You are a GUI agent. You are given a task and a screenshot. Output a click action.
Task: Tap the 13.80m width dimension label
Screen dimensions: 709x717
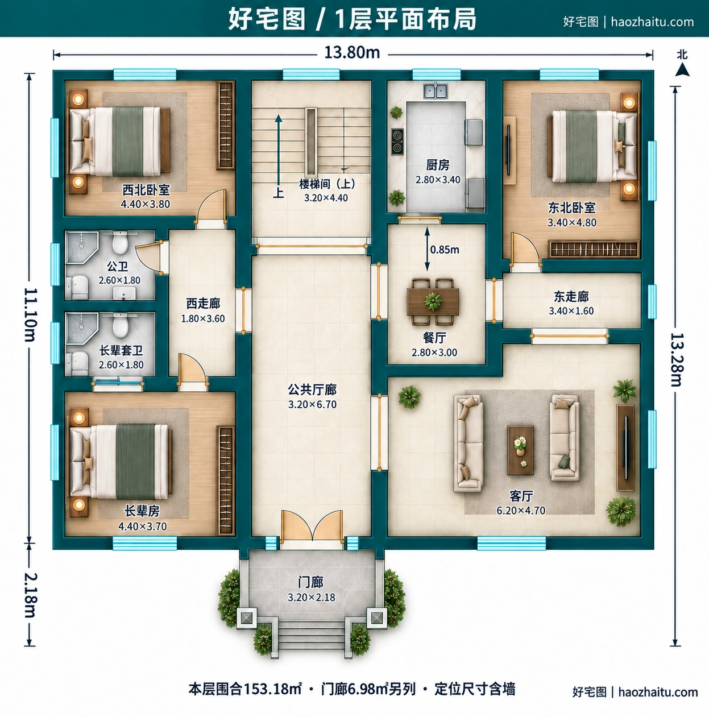pyautogui.click(x=352, y=52)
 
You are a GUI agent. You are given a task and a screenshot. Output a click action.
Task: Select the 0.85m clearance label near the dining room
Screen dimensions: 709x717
pyautogui.click(x=445, y=250)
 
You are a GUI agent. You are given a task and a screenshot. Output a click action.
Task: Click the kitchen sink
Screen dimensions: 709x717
pyautogui.click(x=436, y=91)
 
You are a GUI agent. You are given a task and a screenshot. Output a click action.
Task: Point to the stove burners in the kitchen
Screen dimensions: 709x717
pyautogui.click(x=397, y=142)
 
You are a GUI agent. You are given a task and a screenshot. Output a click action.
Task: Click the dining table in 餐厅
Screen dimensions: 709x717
pyautogui.click(x=433, y=302)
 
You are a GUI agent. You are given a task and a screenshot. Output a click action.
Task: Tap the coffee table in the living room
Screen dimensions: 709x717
pyautogui.click(x=520, y=450)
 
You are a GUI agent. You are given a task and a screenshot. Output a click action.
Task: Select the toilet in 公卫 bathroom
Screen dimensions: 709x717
pyautogui.click(x=120, y=242)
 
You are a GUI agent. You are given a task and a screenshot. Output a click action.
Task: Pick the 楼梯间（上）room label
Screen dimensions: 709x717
pyautogui.click(x=327, y=184)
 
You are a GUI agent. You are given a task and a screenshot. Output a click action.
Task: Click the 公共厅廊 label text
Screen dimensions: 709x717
pyautogui.click(x=312, y=389)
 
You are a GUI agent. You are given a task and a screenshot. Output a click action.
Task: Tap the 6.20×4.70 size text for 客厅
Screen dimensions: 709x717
pyautogui.click(x=521, y=510)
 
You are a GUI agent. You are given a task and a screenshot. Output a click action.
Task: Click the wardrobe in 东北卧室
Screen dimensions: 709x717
pyautogui.click(x=594, y=249)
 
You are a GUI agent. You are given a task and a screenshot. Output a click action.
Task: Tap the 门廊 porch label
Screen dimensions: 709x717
pyautogui.click(x=311, y=582)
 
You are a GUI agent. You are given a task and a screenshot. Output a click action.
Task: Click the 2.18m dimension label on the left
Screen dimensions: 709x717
pyautogui.click(x=30, y=595)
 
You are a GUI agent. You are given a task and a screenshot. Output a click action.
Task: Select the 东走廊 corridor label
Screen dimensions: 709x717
pyautogui.click(x=571, y=297)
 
